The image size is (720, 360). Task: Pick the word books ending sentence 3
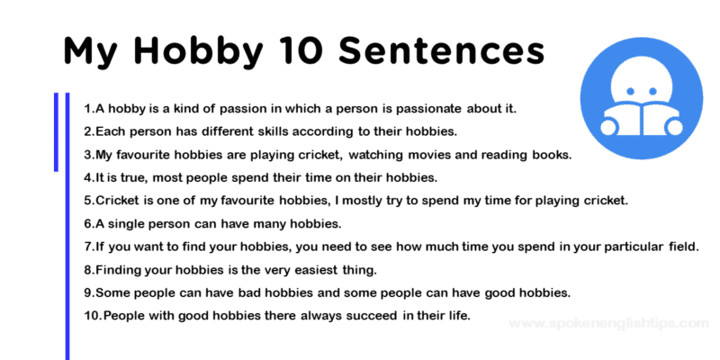tap(549, 155)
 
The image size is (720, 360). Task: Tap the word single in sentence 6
tap(129, 223)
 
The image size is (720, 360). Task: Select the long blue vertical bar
tap(67, 225)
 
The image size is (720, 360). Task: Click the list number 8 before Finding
tap(87, 270)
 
